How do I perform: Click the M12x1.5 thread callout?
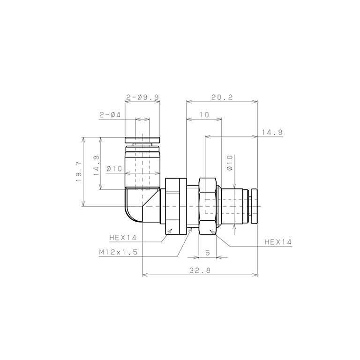[x=118, y=252]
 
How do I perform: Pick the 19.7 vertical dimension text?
[x=78, y=171]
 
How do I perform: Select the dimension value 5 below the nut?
[x=207, y=252]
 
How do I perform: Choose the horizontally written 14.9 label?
[x=272, y=133]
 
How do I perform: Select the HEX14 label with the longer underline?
[x=278, y=242]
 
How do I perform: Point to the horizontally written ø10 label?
[x=114, y=169]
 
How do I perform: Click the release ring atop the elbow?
[x=142, y=140]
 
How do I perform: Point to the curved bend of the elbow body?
[x=132, y=213]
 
